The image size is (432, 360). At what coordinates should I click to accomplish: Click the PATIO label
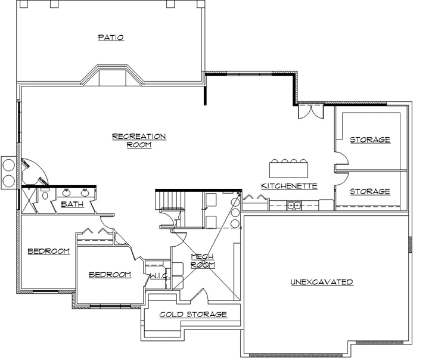111,38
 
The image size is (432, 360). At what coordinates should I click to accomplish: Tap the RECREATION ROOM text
139,140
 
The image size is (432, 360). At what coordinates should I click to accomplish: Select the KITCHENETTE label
289,186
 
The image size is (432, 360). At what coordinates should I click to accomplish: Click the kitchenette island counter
290,170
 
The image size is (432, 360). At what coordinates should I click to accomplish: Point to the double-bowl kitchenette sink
293,206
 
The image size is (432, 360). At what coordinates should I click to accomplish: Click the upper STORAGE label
369,139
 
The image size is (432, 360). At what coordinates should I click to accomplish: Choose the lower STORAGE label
369,191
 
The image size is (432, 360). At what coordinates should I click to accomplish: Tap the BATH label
72,204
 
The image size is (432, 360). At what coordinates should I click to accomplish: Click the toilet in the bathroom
45,196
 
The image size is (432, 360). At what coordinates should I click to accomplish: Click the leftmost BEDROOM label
49,252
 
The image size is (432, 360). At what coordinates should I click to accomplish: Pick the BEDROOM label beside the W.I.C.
110,275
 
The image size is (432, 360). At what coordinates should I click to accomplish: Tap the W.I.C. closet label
159,277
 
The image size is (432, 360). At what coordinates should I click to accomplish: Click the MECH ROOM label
202,260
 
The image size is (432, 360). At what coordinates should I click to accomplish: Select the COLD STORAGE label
193,314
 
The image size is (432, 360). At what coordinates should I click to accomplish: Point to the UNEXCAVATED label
322,282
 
